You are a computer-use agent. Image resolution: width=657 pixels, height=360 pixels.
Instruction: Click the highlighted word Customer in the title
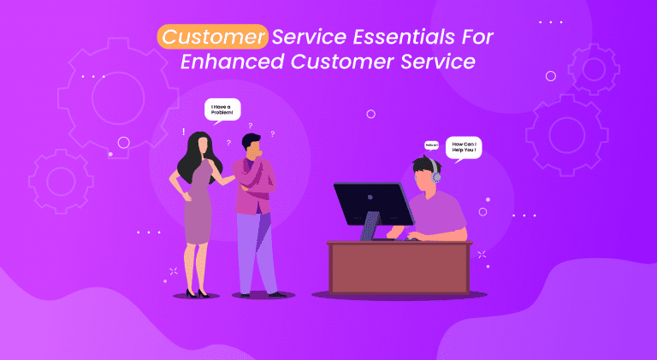tap(212, 38)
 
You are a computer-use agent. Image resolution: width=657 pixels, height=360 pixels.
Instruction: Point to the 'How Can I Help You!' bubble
tap(464, 147)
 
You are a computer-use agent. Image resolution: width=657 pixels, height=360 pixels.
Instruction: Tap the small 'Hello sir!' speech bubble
tap(431, 145)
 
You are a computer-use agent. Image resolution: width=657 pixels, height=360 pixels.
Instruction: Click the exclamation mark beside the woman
tap(183, 132)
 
